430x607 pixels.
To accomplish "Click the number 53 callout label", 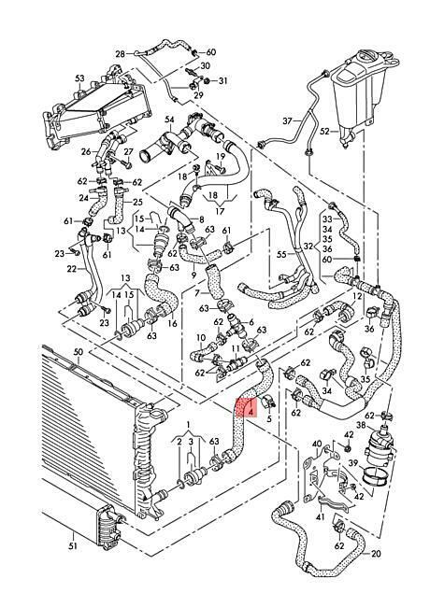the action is (79, 78).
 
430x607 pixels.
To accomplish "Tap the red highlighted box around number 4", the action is (245, 407).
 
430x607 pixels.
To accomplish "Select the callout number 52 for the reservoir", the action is (325, 132).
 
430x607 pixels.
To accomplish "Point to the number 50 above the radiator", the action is (79, 352).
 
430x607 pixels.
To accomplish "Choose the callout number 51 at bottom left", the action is (73, 546).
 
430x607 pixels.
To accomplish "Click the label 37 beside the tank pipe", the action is (287, 121).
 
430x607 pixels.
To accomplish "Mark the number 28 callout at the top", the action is (121, 54).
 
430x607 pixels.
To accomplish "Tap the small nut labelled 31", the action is (208, 80).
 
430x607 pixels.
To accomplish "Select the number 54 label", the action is (169, 120).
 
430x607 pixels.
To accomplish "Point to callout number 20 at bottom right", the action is (376, 554).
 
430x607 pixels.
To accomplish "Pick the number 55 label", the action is (281, 254).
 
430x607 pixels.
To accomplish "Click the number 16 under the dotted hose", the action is (172, 323).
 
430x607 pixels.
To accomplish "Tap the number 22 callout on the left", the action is (72, 269).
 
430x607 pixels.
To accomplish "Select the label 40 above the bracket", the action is (317, 444).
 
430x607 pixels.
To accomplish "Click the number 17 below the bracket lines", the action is (220, 211).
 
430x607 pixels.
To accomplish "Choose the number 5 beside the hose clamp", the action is (269, 419).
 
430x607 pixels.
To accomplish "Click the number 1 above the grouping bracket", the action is (188, 425).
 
